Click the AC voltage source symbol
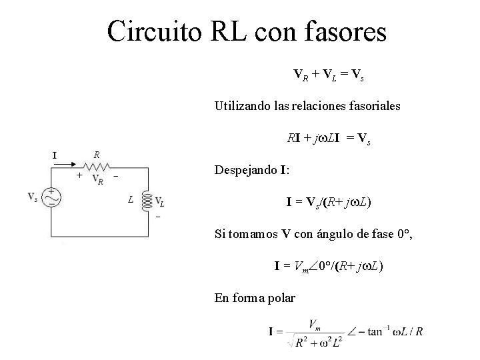tap(52, 197)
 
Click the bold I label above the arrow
tap(55, 155)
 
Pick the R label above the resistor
tap(97, 154)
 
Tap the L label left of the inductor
tap(131, 199)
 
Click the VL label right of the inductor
tap(161, 202)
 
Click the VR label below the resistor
tap(97, 178)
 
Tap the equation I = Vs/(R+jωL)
tap(329, 201)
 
